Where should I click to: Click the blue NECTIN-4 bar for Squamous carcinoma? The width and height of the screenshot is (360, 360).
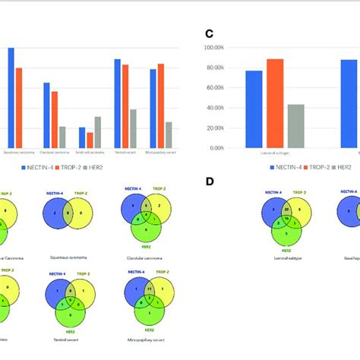click(11, 98)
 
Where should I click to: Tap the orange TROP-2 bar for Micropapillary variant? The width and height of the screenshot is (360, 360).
click(160, 106)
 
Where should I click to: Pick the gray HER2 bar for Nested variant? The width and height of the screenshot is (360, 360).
click(133, 128)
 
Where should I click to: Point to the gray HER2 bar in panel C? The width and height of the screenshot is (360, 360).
click(296, 126)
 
